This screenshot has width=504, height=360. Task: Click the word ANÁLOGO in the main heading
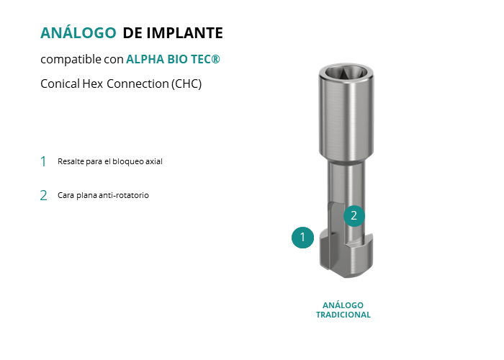coord(78,32)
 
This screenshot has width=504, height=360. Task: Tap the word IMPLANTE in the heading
coord(184,33)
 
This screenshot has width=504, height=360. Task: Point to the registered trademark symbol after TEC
coord(216,59)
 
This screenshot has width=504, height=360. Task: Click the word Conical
coord(60,84)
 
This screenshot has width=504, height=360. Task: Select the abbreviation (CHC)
coord(186,84)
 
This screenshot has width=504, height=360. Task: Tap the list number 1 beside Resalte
coord(43,161)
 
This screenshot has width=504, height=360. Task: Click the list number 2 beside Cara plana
coord(43,195)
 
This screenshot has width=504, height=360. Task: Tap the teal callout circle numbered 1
coord(302,238)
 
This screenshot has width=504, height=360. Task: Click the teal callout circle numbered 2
coord(354,216)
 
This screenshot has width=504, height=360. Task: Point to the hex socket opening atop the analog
coord(346,72)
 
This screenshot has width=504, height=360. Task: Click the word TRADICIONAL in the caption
coord(343,315)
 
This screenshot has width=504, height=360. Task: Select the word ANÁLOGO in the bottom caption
coord(343,305)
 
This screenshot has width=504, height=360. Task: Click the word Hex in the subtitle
coord(93,84)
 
